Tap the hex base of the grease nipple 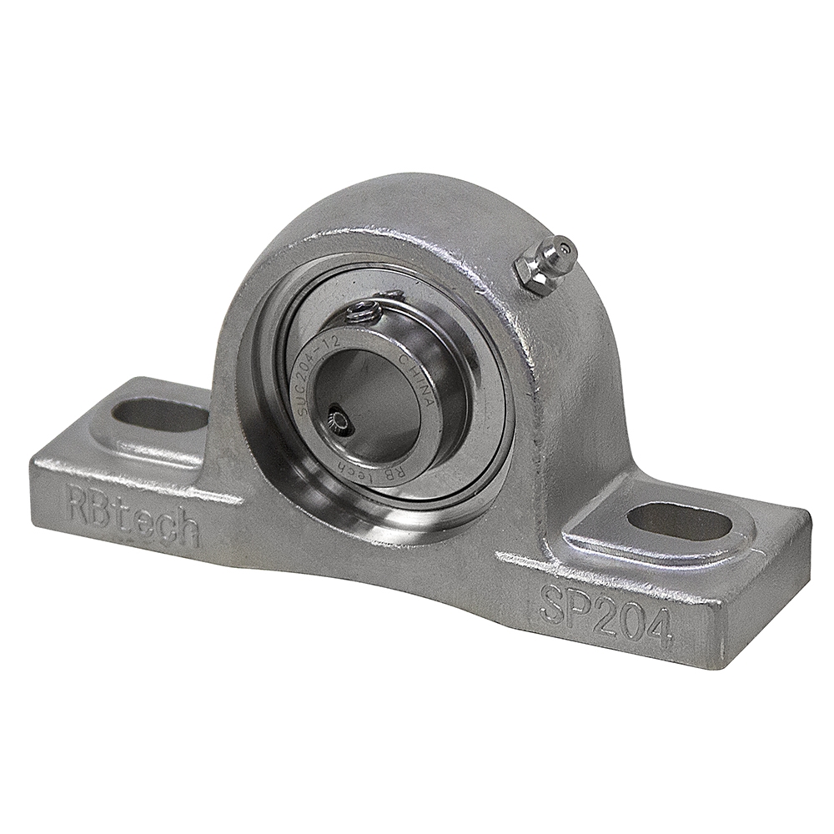point(534,274)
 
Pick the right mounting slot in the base point(679,521)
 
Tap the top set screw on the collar point(364,313)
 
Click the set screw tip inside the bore point(339,416)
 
